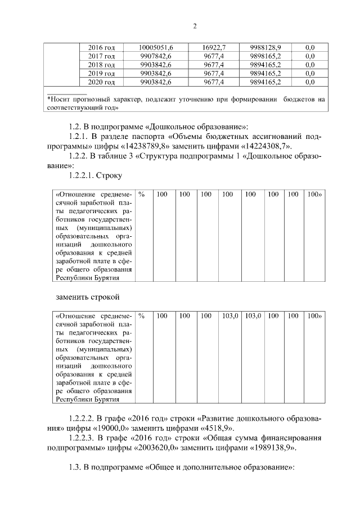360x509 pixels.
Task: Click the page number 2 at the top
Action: click(x=194, y=26)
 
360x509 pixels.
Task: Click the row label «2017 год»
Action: click(x=102, y=56)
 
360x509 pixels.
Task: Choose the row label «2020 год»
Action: click(x=102, y=82)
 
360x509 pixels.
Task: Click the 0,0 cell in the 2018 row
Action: click(x=309, y=65)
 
